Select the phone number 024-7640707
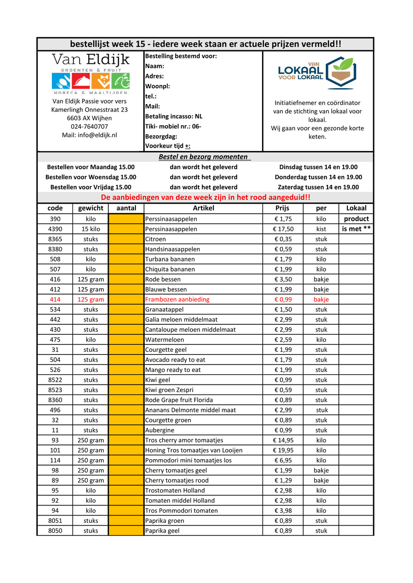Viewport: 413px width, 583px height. [89, 127]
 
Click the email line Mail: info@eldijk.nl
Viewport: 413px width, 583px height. [89, 135]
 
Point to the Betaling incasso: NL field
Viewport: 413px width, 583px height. [173, 117]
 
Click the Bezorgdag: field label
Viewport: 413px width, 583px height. [161, 137]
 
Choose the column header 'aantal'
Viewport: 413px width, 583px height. [126, 208]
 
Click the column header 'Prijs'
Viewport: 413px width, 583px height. [283, 208]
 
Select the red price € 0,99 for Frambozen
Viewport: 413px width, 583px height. [283, 300]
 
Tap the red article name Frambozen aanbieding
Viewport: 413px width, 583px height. [177, 300]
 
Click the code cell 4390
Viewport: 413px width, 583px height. [55, 229]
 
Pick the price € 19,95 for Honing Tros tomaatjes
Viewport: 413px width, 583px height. [283, 450]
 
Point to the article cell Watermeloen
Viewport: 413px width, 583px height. [165, 340]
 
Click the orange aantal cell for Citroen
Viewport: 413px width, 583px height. [126, 239]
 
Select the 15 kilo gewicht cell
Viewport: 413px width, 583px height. [91, 229]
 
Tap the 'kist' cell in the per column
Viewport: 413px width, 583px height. [321, 229]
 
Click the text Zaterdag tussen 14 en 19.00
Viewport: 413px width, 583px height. [318, 187]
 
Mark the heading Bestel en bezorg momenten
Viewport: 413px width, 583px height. [203, 157]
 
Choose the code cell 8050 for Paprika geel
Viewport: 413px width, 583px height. [55, 531]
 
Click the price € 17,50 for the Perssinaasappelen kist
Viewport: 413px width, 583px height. [283, 229]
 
